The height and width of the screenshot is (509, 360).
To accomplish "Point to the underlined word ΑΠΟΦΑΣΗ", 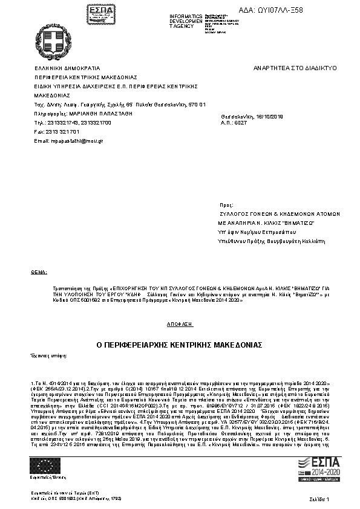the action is [180, 324].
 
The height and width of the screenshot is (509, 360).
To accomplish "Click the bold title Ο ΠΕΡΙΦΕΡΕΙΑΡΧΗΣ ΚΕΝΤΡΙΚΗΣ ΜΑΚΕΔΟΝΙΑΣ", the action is [179, 344].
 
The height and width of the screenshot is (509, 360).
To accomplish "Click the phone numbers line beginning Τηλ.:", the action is [73, 122].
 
